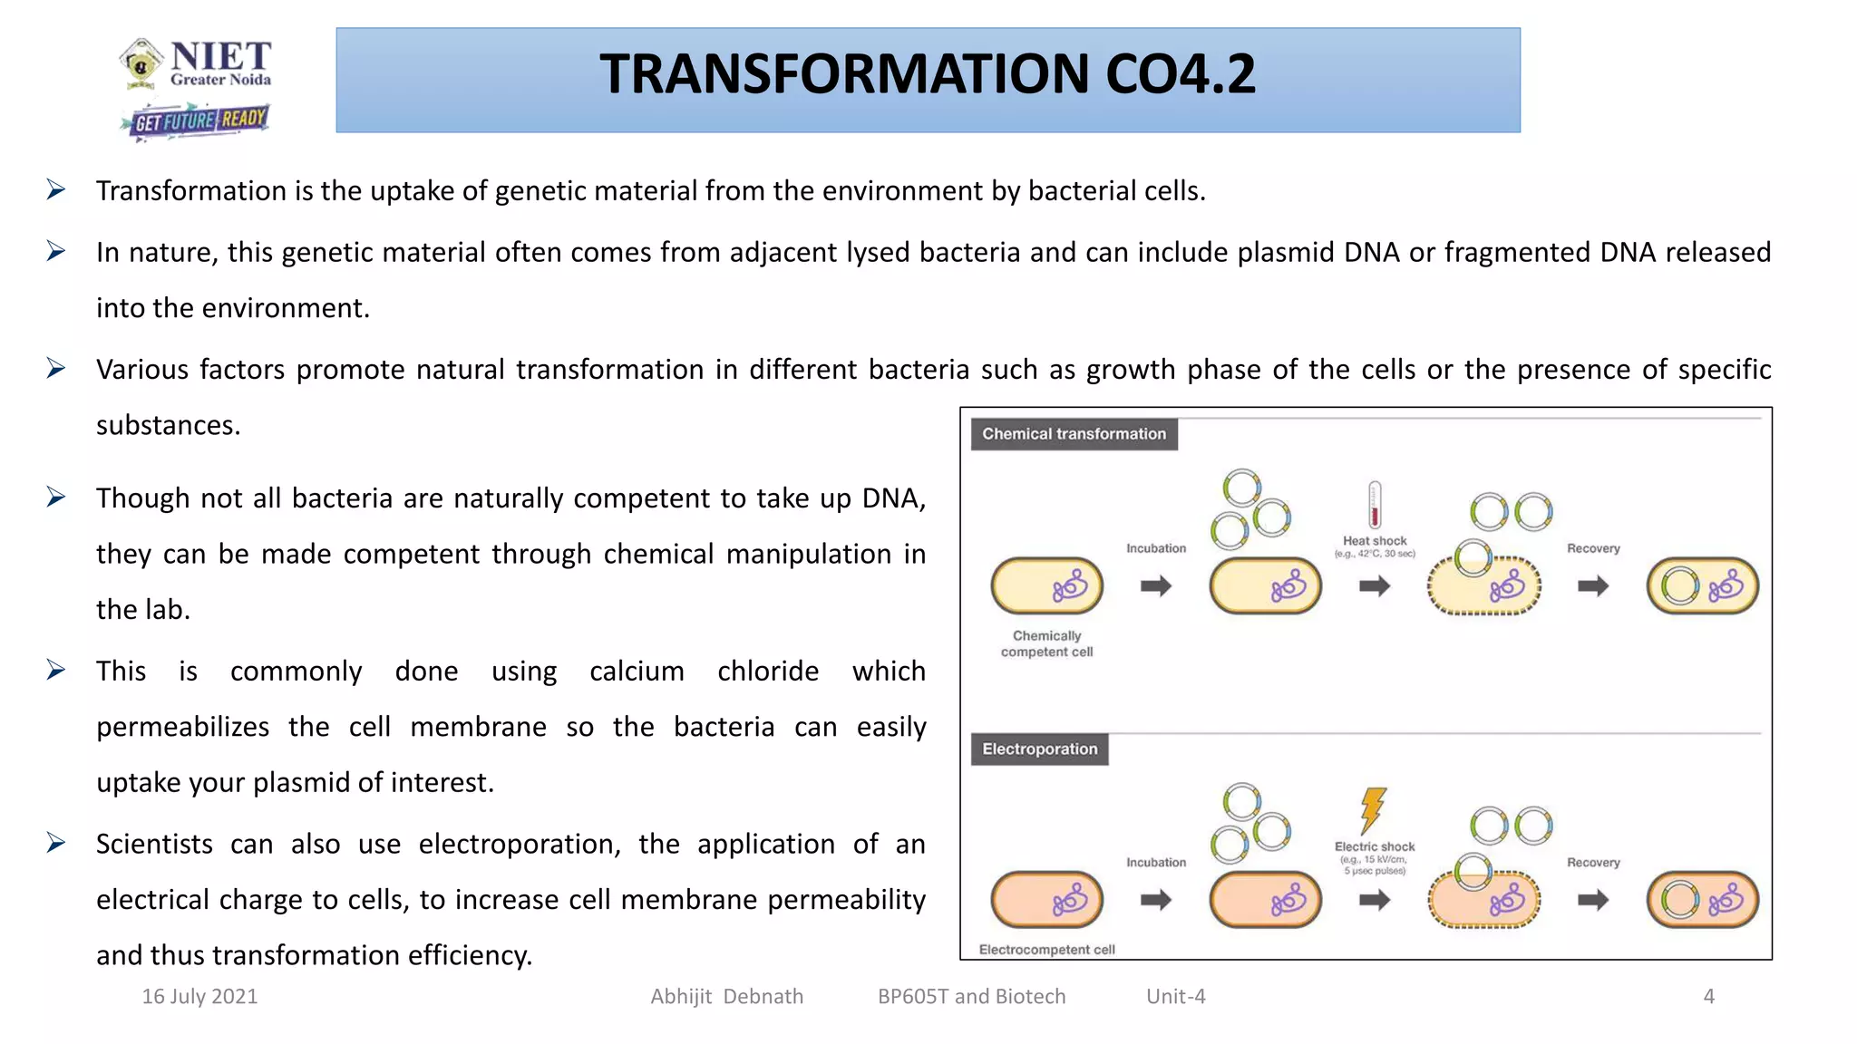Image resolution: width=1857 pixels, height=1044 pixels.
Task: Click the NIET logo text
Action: click(220, 56)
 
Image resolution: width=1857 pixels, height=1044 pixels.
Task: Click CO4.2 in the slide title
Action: click(1181, 74)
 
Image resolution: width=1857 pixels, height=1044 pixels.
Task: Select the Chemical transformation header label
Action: click(1074, 434)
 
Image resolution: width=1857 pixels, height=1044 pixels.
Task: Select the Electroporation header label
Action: click(1039, 749)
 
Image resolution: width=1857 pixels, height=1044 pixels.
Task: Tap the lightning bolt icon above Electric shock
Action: click(1374, 809)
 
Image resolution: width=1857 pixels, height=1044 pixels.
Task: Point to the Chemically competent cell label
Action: click(1046, 643)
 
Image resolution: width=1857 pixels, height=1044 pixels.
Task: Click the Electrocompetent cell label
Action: click(1046, 950)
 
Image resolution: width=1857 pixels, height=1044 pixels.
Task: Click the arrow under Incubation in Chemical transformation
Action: click(1156, 586)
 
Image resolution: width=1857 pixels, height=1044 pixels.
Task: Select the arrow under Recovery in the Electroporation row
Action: click(1593, 900)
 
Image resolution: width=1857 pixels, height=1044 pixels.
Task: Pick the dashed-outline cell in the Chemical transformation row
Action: click(1484, 587)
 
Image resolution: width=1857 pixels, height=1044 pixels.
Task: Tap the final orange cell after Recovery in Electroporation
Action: click(1702, 900)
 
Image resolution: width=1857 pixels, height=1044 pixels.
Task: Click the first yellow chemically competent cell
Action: click(1046, 586)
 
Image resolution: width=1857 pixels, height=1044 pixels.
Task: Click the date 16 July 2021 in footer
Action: click(199, 997)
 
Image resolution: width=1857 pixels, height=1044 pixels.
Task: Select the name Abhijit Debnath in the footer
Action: click(726, 997)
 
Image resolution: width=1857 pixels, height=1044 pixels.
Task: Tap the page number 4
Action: click(1708, 997)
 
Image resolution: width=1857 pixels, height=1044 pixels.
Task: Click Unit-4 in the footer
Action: click(1175, 997)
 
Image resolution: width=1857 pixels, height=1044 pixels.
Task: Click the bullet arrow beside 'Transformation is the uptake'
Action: click(56, 189)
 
